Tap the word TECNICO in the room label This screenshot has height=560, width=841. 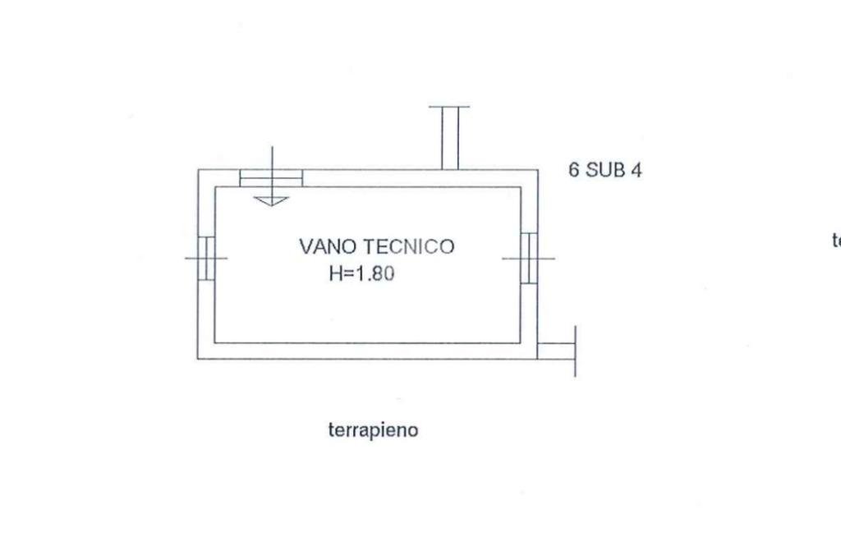pos(410,246)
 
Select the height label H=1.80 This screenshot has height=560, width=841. pos(362,274)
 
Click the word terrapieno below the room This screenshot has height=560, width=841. pos(373,429)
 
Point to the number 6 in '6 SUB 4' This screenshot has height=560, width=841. pos(574,171)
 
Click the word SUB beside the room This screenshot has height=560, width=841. pos(604,171)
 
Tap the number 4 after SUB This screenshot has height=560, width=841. pos(636,171)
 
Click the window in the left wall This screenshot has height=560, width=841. pos(205,258)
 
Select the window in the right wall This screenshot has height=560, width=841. pos(529,258)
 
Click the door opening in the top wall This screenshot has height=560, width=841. pos(271,178)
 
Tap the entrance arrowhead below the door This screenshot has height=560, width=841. pos(270,200)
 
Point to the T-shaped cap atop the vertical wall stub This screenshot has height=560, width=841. pos(449,107)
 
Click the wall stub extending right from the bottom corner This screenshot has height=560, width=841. pos(555,351)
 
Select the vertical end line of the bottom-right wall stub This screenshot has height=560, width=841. pos(575,351)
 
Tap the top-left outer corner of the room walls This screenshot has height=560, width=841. pos(199,171)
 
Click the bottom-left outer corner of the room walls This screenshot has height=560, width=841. pos(199,358)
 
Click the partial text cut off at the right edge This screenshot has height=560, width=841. pos(836,241)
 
